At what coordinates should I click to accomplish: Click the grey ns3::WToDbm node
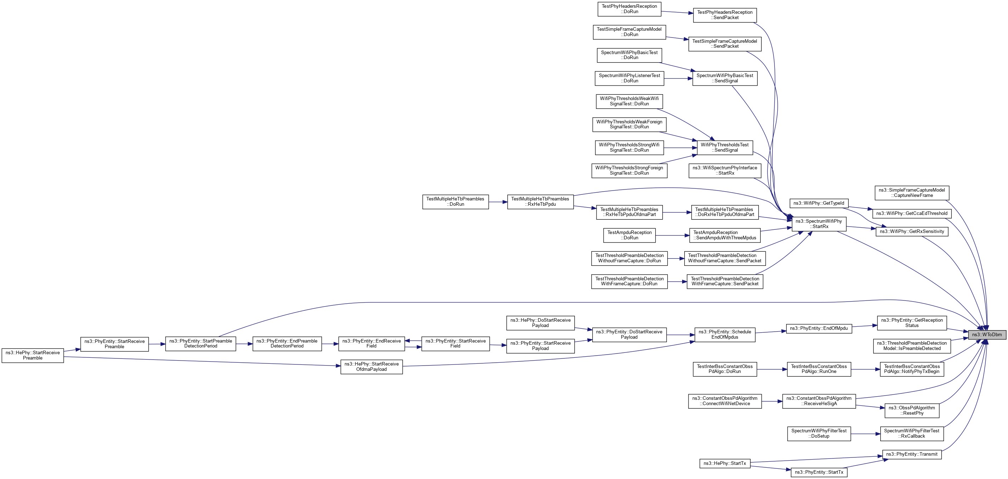(986, 335)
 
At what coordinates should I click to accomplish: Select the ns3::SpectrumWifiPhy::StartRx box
(819, 224)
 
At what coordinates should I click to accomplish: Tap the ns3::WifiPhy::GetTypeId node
(819, 203)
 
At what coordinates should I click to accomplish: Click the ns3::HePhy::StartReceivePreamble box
(33, 355)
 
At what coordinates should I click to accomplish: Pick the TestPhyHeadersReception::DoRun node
(629, 9)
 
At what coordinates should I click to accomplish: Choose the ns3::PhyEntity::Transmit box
(911, 454)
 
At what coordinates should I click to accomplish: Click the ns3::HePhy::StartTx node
(724, 463)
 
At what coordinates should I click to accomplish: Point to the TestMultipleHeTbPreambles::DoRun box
(455, 202)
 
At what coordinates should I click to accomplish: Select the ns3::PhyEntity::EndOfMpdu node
(819, 328)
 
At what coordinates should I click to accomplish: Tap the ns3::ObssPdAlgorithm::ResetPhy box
(911, 410)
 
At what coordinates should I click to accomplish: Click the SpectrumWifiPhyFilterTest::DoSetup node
(819, 434)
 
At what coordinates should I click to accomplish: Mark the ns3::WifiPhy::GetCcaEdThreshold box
(911, 214)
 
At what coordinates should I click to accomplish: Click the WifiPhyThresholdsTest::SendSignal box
(725, 147)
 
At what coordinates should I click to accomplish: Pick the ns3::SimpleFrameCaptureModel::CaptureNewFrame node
(911, 193)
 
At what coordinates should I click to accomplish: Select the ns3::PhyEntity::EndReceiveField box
(371, 343)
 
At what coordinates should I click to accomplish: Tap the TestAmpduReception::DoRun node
(629, 235)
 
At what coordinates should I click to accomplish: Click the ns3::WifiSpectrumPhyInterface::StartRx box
(725, 170)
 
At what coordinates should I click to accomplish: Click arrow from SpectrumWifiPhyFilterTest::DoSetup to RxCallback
(865, 434)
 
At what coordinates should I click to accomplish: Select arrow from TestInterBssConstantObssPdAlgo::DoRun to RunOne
(772, 369)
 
